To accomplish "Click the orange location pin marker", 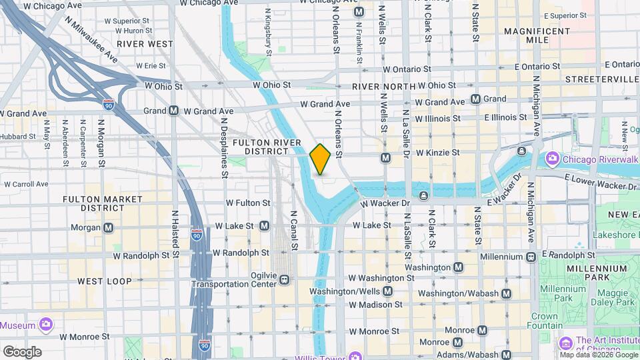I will (x=320, y=159).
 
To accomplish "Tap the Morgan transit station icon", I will (x=108, y=227).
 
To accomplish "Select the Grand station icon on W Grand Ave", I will (x=475, y=99).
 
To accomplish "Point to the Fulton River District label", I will (x=261, y=147).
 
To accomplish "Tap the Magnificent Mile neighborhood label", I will (x=537, y=35).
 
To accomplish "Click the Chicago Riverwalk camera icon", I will (x=552, y=158).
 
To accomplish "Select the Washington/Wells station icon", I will (x=387, y=291).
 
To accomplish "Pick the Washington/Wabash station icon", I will (x=506, y=293).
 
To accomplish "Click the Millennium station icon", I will (x=531, y=256).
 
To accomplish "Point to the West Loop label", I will (x=104, y=281).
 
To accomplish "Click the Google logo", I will (x=22, y=351).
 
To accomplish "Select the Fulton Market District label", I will (x=102, y=203).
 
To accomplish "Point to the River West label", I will (x=144, y=43).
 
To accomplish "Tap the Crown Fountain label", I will (x=544, y=321).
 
